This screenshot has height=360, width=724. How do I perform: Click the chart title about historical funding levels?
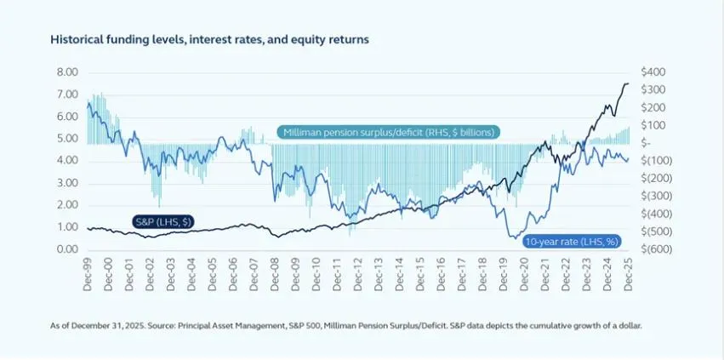point(209,40)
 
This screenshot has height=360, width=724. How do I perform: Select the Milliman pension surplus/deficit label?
point(389,132)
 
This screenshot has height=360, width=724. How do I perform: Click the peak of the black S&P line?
point(627,83)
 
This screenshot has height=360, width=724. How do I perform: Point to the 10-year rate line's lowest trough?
point(512,237)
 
